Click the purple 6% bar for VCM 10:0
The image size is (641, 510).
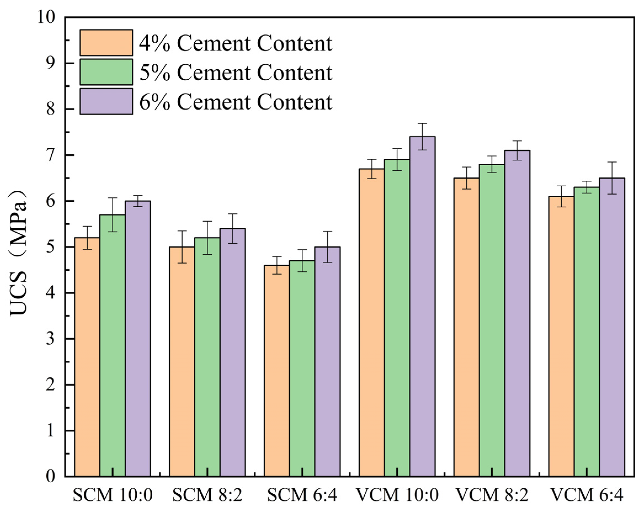[x=423, y=307]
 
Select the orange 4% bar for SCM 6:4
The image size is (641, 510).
[x=277, y=370]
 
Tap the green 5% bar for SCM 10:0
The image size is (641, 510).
[x=112, y=345]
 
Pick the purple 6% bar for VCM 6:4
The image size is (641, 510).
[x=612, y=327]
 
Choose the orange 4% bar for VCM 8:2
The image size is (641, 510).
[x=466, y=327]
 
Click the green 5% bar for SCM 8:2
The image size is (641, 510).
[x=207, y=357]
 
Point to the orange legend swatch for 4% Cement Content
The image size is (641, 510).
[x=106, y=42]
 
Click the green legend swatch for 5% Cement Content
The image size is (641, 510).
[x=106, y=72]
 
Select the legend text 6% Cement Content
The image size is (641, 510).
[x=236, y=102]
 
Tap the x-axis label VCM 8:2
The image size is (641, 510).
[x=492, y=495]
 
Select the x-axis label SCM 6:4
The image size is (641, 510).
[x=302, y=495]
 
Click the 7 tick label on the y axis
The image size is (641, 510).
[x=50, y=155]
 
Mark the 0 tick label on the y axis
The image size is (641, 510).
[x=50, y=476]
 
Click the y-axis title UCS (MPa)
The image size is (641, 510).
[x=18, y=253]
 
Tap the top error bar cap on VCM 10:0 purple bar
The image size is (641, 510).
[x=423, y=123]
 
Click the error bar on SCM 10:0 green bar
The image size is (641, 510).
[x=112, y=214]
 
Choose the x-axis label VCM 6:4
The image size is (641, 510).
[x=587, y=495]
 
